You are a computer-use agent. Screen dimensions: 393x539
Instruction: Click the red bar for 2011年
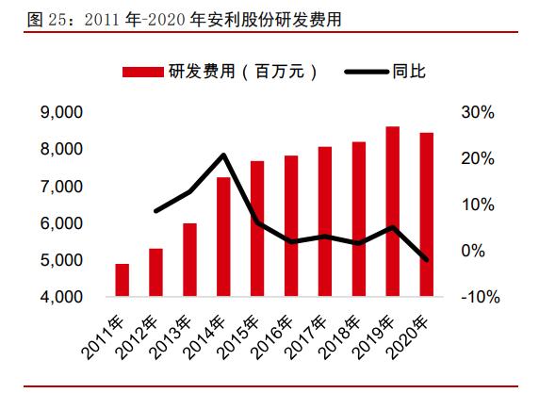click(122, 280)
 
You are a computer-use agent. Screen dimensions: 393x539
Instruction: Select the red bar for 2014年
click(223, 237)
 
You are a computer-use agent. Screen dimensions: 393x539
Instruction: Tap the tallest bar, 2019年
click(393, 211)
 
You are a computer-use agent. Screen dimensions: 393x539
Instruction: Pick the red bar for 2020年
click(426, 215)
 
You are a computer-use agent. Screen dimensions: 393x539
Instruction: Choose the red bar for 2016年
click(291, 226)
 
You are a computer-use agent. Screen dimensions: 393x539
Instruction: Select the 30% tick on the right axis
click(479, 113)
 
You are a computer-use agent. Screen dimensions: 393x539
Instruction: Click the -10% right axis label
click(477, 297)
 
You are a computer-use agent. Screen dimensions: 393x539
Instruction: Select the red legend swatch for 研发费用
click(141, 73)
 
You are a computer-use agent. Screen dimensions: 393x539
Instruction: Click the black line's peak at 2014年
click(223, 155)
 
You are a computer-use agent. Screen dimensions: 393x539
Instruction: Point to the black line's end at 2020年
click(426, 260)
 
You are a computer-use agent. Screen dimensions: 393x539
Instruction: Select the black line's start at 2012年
click(155, 211)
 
